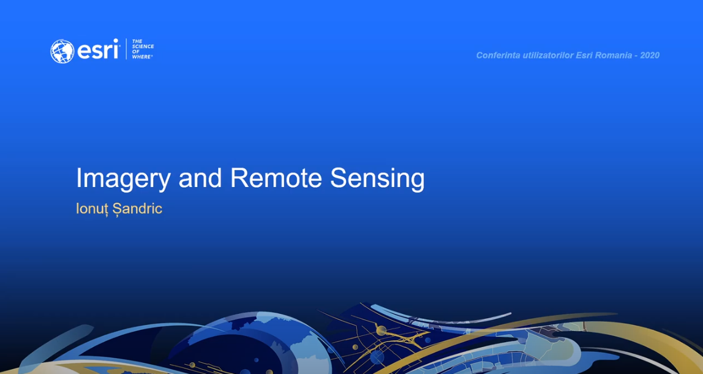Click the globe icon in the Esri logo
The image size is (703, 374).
(62, 51)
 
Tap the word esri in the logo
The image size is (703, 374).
(98, 50)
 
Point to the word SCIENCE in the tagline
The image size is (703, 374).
(143, 46)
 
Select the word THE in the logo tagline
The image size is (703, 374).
(137, 41)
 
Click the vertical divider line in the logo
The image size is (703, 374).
(126, 50)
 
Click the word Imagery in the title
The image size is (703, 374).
(123, 178)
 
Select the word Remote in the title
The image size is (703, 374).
(276, 178)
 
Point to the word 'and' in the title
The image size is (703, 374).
(200, 178)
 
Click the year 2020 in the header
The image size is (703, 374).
(650, 55)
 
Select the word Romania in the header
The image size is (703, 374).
(611, 55)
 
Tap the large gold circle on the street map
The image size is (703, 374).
(381, 331)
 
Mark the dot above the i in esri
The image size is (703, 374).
(116, 40)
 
